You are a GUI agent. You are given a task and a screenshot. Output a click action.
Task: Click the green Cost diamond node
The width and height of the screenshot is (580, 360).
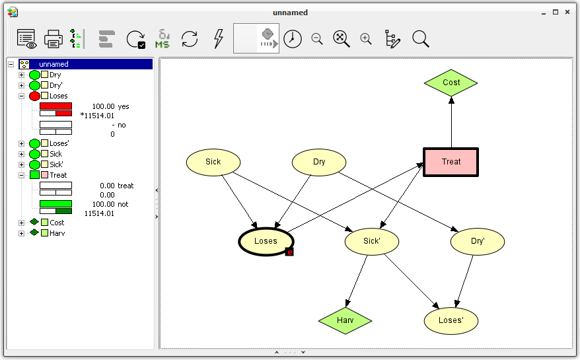(x=451, y=83)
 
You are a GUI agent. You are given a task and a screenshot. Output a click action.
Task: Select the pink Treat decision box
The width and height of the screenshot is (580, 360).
(x=451, y=162)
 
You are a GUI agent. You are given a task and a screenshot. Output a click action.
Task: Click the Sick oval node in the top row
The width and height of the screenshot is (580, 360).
(x=213, y=162)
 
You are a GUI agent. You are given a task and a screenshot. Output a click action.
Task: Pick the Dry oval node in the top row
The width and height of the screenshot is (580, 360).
(x=319, y=162)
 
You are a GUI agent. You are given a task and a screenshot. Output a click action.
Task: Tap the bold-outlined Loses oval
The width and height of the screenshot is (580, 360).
(x=266, y=241)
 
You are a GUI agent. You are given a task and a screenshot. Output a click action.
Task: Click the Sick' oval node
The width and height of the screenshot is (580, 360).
(x=372, y=241)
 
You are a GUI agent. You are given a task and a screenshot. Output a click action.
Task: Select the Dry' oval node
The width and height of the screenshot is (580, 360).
(x=478, y=241)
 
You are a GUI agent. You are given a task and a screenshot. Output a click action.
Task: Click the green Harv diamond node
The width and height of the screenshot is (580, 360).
(x=345, y=320)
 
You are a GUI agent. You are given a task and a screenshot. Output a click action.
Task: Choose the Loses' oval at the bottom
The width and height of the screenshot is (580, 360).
(x=451, y=320)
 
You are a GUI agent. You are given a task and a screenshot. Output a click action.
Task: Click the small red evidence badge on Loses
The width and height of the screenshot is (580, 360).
(x=289, y=252)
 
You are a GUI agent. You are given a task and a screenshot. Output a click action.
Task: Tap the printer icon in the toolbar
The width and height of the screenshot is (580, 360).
(x=54, y=39)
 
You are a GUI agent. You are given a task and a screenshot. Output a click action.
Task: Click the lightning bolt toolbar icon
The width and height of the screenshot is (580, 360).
(x=219, y=39)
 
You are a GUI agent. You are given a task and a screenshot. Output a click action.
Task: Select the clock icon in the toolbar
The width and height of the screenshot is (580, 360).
(x=292, y=39)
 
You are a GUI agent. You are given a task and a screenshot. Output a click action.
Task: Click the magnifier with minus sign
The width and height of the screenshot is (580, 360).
(x=317, y=39)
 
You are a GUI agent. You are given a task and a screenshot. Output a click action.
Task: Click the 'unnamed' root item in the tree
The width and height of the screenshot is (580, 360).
(x=54, y=64)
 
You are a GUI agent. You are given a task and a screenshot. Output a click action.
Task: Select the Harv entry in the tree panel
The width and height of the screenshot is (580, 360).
(x=57, y=233)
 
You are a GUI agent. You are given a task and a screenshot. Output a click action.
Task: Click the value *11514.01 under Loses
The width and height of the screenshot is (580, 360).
(x=97, y=115)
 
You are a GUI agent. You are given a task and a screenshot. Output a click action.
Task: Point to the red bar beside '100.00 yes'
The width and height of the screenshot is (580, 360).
(x=55, y=106)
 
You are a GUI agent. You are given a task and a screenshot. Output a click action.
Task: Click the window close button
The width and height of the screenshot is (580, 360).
(x=568, y=12)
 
